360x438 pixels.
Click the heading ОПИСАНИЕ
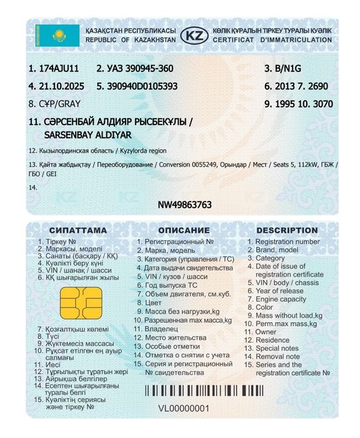point(183,230)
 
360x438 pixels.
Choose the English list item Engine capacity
point(281,299)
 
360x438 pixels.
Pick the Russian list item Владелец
point(161,328)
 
